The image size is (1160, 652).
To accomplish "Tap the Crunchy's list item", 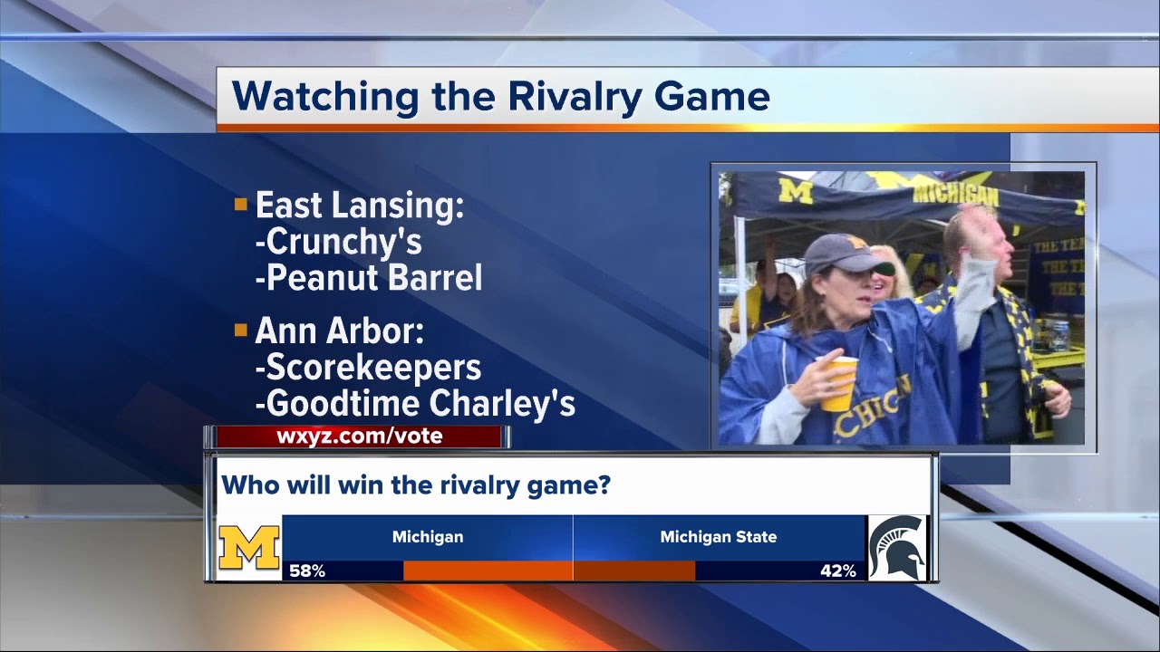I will (344, 242).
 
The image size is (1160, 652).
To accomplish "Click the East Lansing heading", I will (359, 206).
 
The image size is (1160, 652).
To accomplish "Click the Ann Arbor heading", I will (339, 331).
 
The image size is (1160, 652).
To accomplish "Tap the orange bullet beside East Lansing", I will (240, 205).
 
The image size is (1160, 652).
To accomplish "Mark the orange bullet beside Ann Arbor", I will (240, 331).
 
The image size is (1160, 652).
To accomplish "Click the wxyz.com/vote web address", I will (360, 436).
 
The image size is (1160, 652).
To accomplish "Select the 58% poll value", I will (307, 571).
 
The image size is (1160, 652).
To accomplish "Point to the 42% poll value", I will (837, 571).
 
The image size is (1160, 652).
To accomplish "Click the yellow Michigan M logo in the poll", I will (249, 547).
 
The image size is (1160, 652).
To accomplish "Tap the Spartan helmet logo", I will (896, 547).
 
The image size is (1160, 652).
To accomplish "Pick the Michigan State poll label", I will (718, 537).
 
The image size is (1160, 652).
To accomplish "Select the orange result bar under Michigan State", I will (634, 570).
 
